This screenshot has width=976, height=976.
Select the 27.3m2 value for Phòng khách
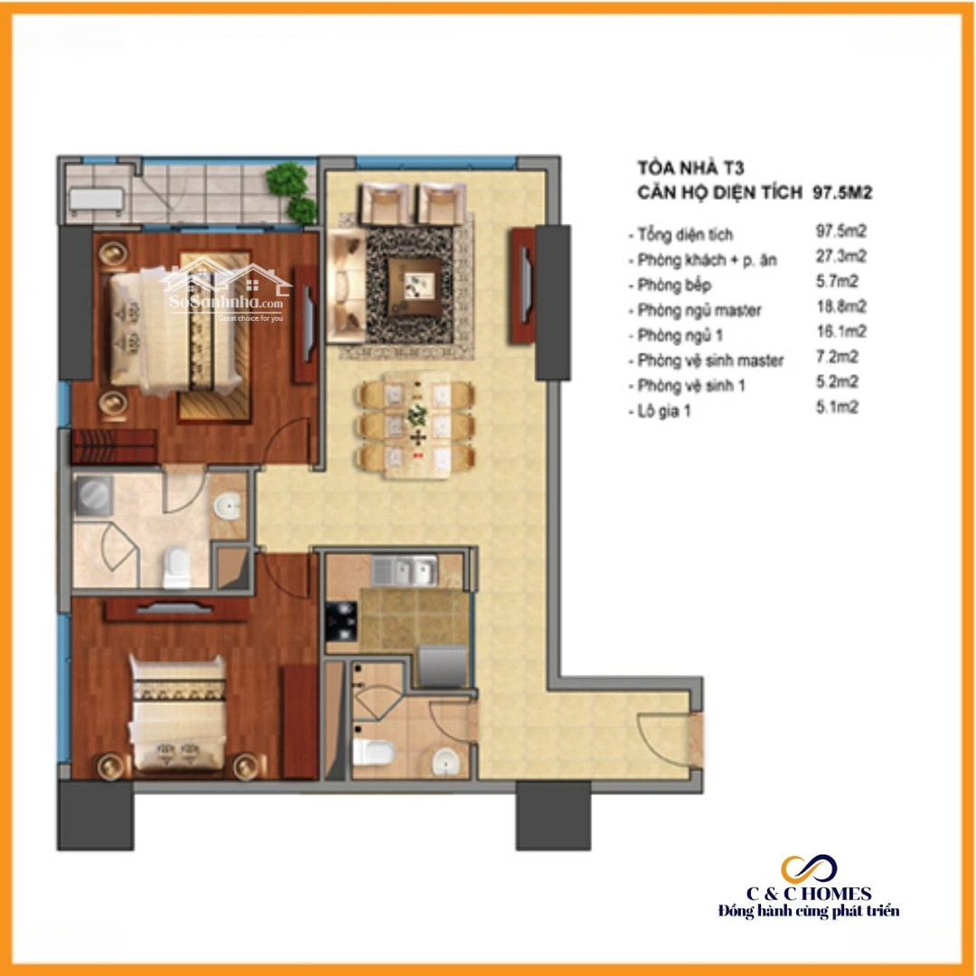[841, 256]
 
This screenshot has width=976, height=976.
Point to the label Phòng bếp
[674, 285]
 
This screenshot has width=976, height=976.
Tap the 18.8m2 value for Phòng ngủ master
[841, 306]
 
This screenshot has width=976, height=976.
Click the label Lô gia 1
[664, 411]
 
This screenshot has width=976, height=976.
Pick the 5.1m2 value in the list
[837, 407]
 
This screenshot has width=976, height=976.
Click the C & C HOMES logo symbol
[809, 869]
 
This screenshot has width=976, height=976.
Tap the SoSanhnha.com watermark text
[226, 303]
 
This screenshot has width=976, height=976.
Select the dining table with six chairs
[416, 425]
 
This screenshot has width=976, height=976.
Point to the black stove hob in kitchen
[341, 621]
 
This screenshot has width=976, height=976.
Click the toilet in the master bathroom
[176, 568]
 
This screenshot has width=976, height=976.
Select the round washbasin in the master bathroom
[228, 505]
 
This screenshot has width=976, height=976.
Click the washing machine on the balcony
[96, 201]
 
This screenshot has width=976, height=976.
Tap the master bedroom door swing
[287, 441]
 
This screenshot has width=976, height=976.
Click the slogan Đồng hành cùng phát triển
[809, 911]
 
